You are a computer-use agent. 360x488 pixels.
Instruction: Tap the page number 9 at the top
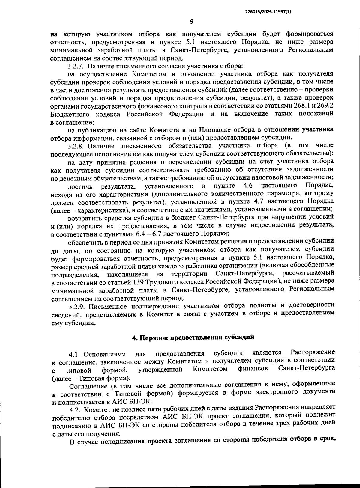[x=192, y=21]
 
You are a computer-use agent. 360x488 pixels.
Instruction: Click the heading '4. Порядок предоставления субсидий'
[x=193, y=337]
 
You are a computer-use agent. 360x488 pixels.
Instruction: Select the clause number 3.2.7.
[x=76, y=66]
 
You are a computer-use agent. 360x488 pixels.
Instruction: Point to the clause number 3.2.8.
[x=77, y=146]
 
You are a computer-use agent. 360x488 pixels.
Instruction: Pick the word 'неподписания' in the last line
[x=123, y=442]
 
